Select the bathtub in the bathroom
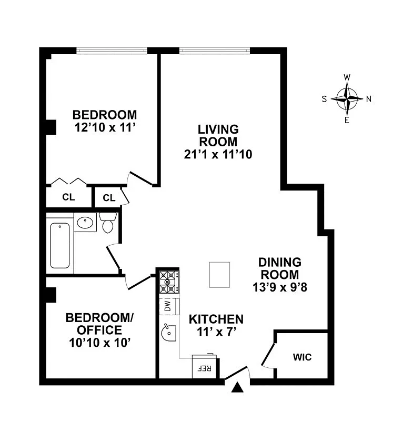click(59, 245)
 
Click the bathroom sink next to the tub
click(84, 223)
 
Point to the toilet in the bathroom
click(108, 224)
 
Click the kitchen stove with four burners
click(169, 282)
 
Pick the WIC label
click(302, 357)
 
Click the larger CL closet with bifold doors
click(68, 198)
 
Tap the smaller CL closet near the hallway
click(109, 198)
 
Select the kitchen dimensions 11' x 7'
click(216, 332)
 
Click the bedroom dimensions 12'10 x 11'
click(105, 127)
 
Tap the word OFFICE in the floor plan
click(99, 330)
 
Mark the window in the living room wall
click(214, 51)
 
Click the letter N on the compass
click(369, 98)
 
